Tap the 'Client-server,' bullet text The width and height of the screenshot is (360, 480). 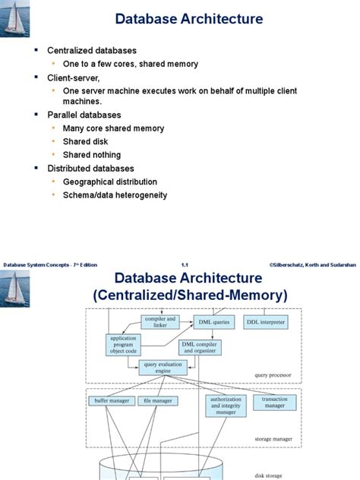pos(76,77)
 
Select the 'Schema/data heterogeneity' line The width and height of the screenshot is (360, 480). pos(119,195)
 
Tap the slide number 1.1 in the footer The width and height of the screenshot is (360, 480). pos(185,264)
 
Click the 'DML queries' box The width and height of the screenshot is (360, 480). pos(213,322)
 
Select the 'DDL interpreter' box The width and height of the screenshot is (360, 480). pos(266,322)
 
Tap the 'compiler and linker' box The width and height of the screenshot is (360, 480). pos(159,321)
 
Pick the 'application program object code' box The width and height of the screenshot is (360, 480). pos(123,346)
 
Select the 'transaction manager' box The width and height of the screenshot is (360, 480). pos(274,403)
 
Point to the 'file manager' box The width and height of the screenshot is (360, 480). pos(157,400)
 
